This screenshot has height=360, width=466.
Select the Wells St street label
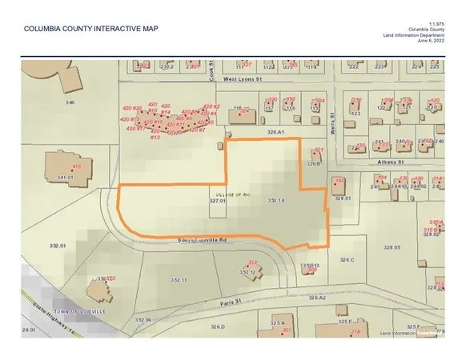click(331, 126)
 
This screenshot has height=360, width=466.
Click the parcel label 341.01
click(54, 178)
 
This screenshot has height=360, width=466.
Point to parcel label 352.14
click(277, 201)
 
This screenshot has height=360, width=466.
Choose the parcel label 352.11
click(178, 279)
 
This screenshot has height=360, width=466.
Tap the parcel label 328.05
click(392, 247)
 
